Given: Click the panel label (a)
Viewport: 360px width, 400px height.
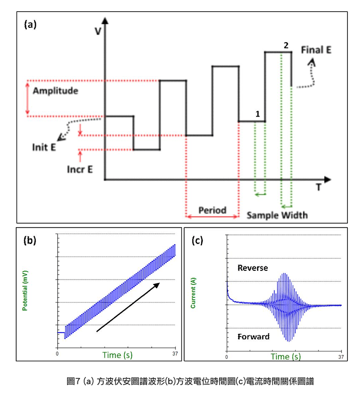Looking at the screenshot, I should point(30,25).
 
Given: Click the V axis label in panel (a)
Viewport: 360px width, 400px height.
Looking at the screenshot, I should point(97,31).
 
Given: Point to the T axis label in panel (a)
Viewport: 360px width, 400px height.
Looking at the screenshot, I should point(319,188).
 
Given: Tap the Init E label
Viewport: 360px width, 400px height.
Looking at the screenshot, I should point(44,147).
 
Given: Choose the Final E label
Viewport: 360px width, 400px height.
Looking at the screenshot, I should point(316,49).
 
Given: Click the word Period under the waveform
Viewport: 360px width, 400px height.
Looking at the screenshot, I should point(212,210).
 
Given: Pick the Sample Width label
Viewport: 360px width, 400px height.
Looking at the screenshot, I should point(277,215).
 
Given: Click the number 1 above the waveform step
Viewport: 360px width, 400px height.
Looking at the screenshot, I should point(257,114).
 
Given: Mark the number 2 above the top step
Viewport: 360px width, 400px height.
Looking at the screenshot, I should point(286,45).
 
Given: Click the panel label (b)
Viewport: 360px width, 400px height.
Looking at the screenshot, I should point(30,241).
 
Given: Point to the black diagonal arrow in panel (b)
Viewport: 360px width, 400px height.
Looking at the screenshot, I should point(128,307).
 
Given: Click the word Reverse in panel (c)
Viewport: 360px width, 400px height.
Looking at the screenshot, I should point(252,268).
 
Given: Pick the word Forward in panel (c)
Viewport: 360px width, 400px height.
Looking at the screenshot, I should point(253,337).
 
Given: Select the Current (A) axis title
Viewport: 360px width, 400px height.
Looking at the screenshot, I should point(193,293).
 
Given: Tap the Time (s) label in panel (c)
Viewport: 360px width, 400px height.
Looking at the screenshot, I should point(286,356).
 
